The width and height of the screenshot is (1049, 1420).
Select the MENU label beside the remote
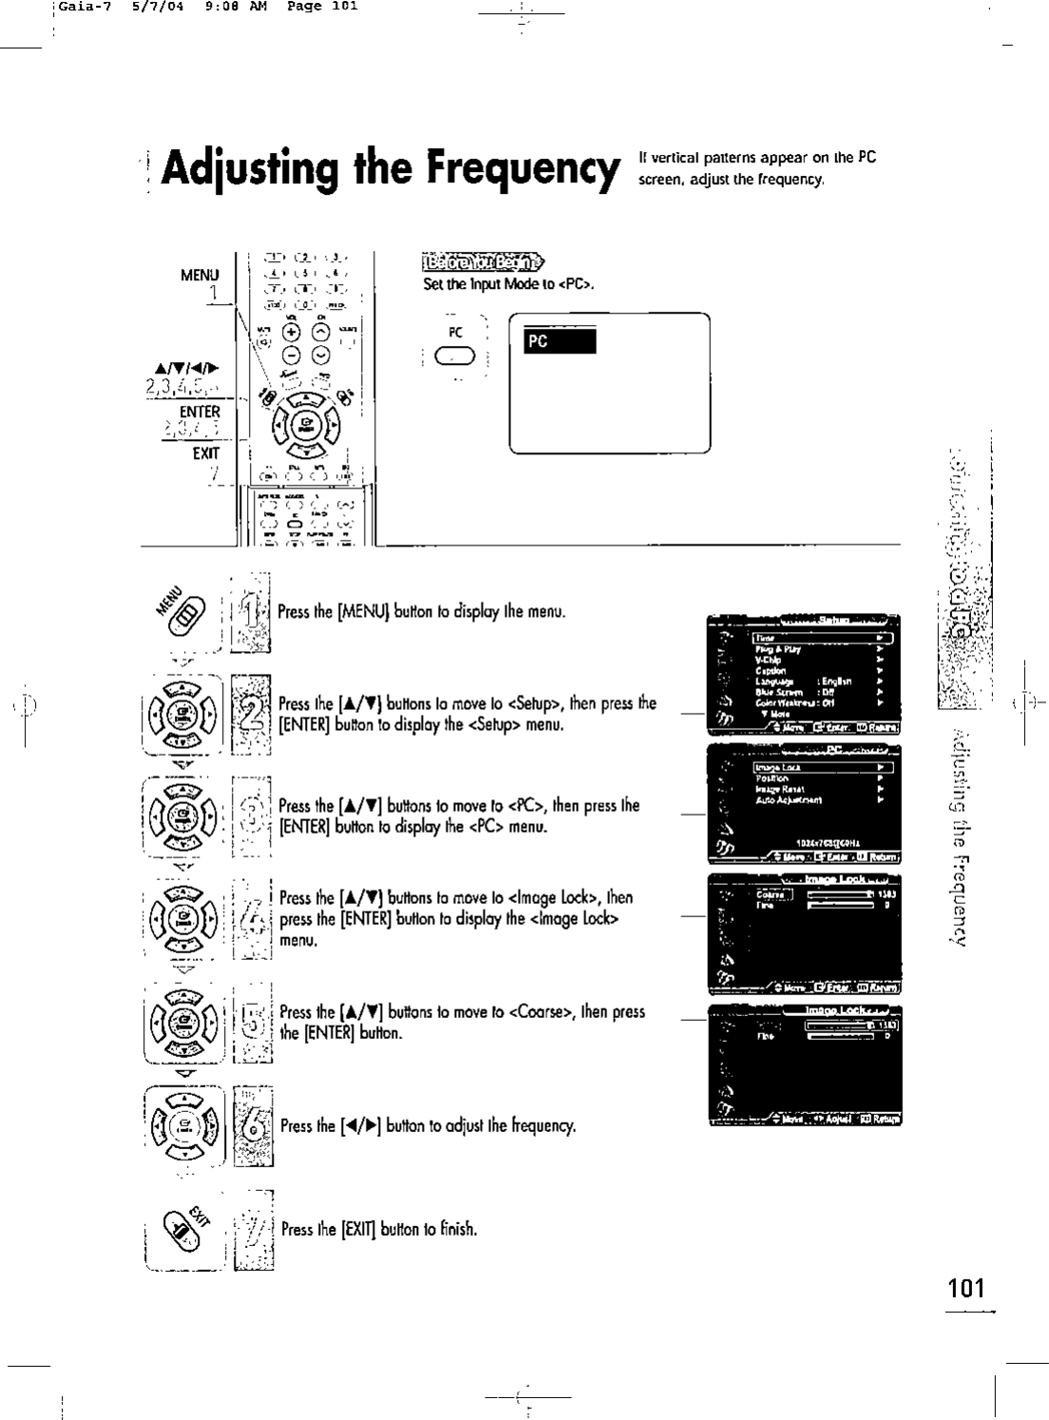[200, 276]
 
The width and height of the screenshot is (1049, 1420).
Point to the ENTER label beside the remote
[200, 412]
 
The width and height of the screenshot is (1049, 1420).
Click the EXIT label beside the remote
[205, 454]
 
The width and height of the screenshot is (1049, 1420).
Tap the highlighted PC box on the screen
[561, 341]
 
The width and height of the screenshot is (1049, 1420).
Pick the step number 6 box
[253, 1126]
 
